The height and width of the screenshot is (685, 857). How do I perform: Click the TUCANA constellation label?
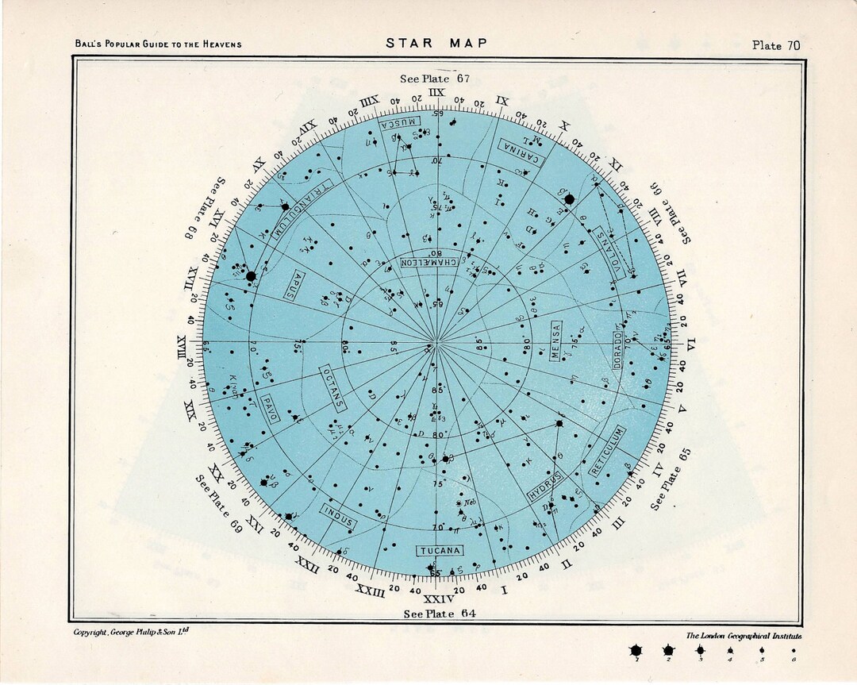(x=440, y=550)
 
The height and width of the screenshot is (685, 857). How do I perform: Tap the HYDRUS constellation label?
(x=545, y=485)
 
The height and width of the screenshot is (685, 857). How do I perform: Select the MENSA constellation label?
(x=555, y=341)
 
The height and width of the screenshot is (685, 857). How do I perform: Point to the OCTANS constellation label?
(x=333, y=387)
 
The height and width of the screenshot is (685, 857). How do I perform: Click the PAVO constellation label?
(x=269, y=405)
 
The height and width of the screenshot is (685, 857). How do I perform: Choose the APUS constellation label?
(x=294, y=283)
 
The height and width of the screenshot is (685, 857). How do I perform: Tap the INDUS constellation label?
(x=339, y=516)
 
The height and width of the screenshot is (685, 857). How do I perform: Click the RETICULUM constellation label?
(x=607, y=451)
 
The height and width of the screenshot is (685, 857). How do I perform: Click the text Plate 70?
(x=775, y=45)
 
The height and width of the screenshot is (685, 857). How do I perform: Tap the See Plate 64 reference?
(x=440, y=614)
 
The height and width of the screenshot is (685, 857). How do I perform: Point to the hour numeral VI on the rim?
(x=691, y=343)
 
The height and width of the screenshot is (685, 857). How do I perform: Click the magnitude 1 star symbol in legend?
(x=635, y=652)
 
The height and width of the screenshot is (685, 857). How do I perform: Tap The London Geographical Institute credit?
(x=744, y=636)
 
